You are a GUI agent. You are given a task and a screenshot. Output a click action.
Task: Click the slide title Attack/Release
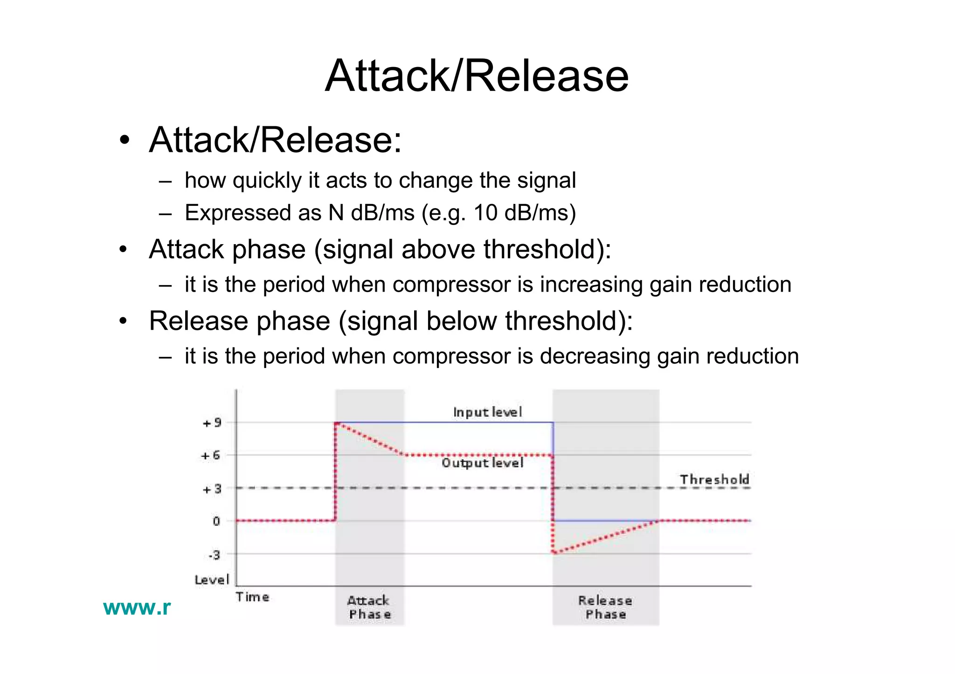477,75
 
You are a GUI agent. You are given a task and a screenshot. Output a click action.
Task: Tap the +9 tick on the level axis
212,423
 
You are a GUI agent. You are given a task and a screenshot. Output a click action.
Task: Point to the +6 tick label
210,456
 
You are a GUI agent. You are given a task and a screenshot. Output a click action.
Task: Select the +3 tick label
212,490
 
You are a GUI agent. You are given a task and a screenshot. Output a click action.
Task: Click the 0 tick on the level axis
216,521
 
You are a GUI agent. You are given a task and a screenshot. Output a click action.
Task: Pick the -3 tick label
214,555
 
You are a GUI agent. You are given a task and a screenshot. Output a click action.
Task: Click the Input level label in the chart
487,412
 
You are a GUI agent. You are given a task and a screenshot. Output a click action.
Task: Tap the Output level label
483,463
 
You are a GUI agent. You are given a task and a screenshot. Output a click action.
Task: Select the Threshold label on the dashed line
714,479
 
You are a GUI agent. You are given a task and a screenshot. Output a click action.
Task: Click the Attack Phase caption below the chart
369,607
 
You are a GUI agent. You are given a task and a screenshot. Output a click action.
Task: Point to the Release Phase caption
605,607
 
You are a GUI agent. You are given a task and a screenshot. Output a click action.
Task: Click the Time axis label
252,597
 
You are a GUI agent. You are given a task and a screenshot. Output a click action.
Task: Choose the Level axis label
212,580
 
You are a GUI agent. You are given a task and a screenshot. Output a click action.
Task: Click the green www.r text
137,607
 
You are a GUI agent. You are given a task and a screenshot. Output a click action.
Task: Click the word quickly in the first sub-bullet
267,181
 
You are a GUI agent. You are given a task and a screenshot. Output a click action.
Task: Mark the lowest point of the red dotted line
554,553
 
